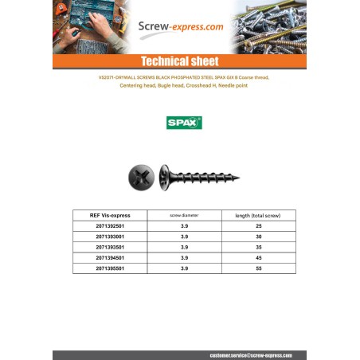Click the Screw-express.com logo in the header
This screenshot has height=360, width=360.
(x=181, y=26)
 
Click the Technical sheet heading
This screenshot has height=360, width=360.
(x=179, y=61)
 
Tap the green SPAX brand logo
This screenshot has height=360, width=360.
(x=184, y=123)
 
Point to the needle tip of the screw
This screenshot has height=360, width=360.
(x=240, y=177)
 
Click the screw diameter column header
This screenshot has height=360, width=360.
(x=184, y=215)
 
